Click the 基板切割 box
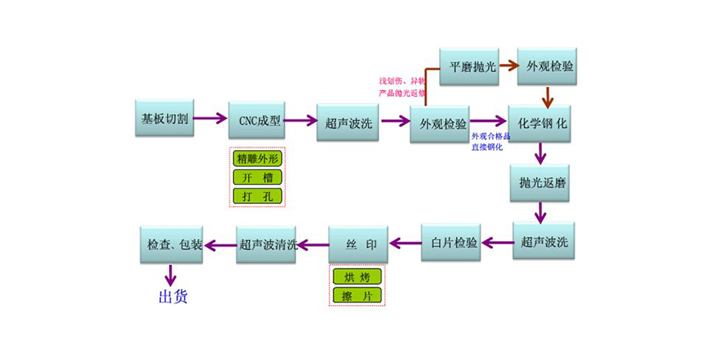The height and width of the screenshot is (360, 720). tap(164, 119)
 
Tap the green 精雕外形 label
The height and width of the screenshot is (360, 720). tap(258, 159)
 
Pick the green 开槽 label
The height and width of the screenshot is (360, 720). tap(258, 178)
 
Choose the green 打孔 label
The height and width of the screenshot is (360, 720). tap(258, 196)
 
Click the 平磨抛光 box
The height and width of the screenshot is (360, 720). tap(469, 67)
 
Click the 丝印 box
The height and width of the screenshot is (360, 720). tap(358, 244)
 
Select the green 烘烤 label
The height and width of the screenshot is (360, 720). tap(357, 277)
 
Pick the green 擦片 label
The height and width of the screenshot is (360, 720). tap(357, 295)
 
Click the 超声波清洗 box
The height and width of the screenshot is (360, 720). tap(267, 245)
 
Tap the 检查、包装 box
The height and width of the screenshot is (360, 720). tap(170, 245)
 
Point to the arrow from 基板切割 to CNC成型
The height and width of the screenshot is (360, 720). tap(211, 119)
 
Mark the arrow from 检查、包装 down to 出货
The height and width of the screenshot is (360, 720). tap(170, 273)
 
